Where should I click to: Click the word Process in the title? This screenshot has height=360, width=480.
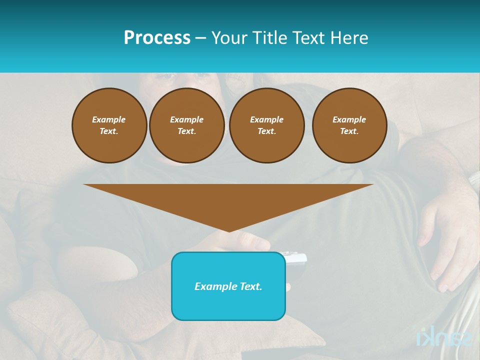pos(157,38)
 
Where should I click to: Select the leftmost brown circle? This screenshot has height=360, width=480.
pos(109,125)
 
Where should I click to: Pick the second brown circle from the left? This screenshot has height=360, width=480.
pos(187,125)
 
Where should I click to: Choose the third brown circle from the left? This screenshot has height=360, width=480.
pos(267,125)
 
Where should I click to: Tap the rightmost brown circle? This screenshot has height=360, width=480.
pos(349,125)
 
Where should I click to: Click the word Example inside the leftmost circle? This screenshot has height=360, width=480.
pos(109,119)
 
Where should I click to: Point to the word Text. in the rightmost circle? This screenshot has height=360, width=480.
pos(349,131)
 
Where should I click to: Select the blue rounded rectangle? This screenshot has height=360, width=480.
pos(228,286)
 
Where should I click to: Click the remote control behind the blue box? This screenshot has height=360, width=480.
pos(296,258)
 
